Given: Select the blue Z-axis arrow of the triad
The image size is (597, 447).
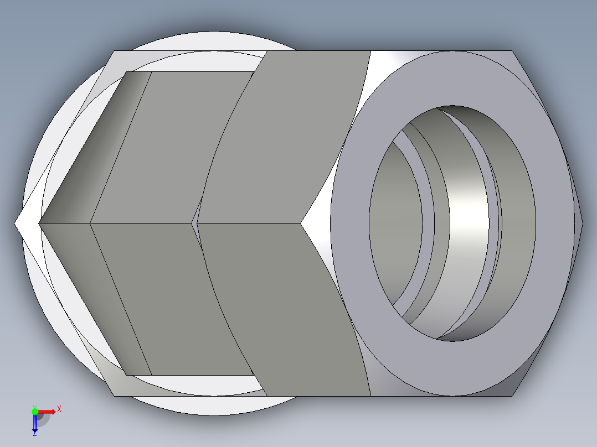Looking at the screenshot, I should (34, 423).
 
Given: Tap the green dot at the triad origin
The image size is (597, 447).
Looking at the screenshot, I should (35, 411).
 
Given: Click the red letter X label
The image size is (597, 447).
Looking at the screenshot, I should (59, 409).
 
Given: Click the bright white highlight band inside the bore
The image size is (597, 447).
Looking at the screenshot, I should (469, 221).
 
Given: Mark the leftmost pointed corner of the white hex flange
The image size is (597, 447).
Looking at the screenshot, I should (16, 224).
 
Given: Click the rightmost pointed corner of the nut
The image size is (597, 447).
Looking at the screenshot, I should (583, 223).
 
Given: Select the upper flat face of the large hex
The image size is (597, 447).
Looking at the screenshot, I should (288, 138).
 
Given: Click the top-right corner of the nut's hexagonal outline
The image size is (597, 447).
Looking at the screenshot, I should (513, 51).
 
